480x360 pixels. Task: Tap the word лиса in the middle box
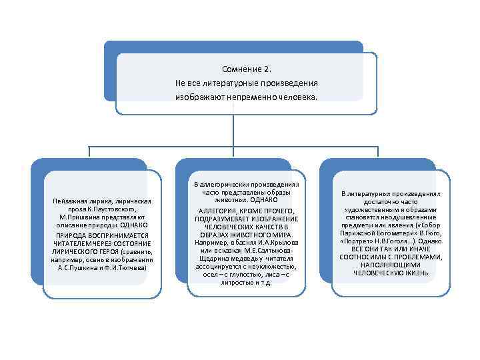pyautogui.click(x=262, y=275)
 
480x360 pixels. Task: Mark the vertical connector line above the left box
pyautogui.click(x=89, y=152)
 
